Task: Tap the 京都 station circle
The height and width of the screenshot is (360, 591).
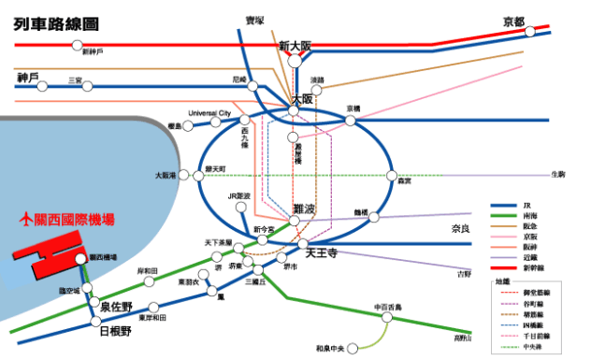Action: [x=530, y=32]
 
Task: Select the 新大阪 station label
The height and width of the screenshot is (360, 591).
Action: [x=295, y=45]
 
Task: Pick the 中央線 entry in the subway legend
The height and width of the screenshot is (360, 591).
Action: [x=534, y=346]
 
